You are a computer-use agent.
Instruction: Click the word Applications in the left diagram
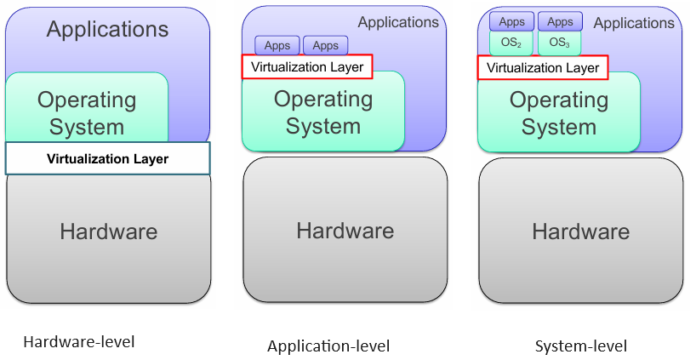point(107,30)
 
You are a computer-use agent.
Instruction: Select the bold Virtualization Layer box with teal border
point(107,158)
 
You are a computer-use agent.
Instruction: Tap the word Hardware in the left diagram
point(108,231)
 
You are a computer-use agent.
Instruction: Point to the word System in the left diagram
point(87,128)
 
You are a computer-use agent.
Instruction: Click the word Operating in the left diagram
point(87,100)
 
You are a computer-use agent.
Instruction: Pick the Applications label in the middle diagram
point(398,23)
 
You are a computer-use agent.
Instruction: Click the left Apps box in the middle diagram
point(277,46)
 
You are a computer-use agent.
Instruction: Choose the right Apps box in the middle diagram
point(326,46)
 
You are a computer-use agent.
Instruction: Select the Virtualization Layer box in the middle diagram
point(307,66)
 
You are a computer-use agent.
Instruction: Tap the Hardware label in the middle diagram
point(345,231)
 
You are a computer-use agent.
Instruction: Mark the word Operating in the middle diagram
point(323,100)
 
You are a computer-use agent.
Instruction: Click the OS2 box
point(511,43)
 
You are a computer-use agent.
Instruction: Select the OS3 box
point(560,43)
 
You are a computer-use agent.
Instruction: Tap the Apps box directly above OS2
point(511,21)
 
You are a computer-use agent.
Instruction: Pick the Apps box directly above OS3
point(560,21)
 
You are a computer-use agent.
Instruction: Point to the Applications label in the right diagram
point(634,24)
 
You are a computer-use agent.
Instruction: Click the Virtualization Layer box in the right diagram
point(543,68)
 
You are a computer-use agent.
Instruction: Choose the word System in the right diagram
point(559,128)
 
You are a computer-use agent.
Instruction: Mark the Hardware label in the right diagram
point(581,231)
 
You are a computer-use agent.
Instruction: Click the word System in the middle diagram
point(323,127)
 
